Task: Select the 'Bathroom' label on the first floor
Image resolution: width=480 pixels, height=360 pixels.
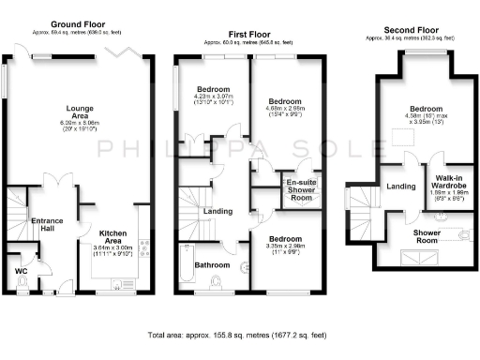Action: coord(211,264)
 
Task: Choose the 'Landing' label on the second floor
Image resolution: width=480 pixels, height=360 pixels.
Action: coord(401,187)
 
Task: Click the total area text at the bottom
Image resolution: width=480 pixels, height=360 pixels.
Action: coord(240,334)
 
